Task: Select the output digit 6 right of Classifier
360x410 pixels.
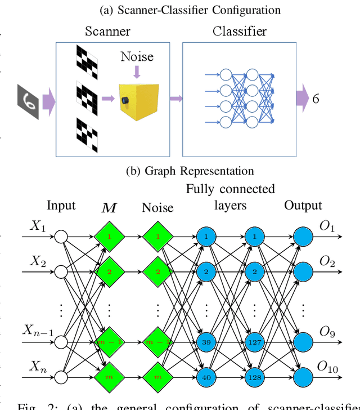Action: pyautogui.click(x=316, y=99)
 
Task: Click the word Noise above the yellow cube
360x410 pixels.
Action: pyautogui.click(x=137, y=57)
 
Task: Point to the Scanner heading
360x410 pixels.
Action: pyautogui.click(x=109, y=32)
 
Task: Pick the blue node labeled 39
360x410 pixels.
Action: pyautogui.click(x=206, y=341)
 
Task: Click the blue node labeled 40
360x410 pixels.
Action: pyautogui.click(x=206, y=376)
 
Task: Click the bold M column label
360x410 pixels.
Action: pyautogui.click(x=109, y=208)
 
